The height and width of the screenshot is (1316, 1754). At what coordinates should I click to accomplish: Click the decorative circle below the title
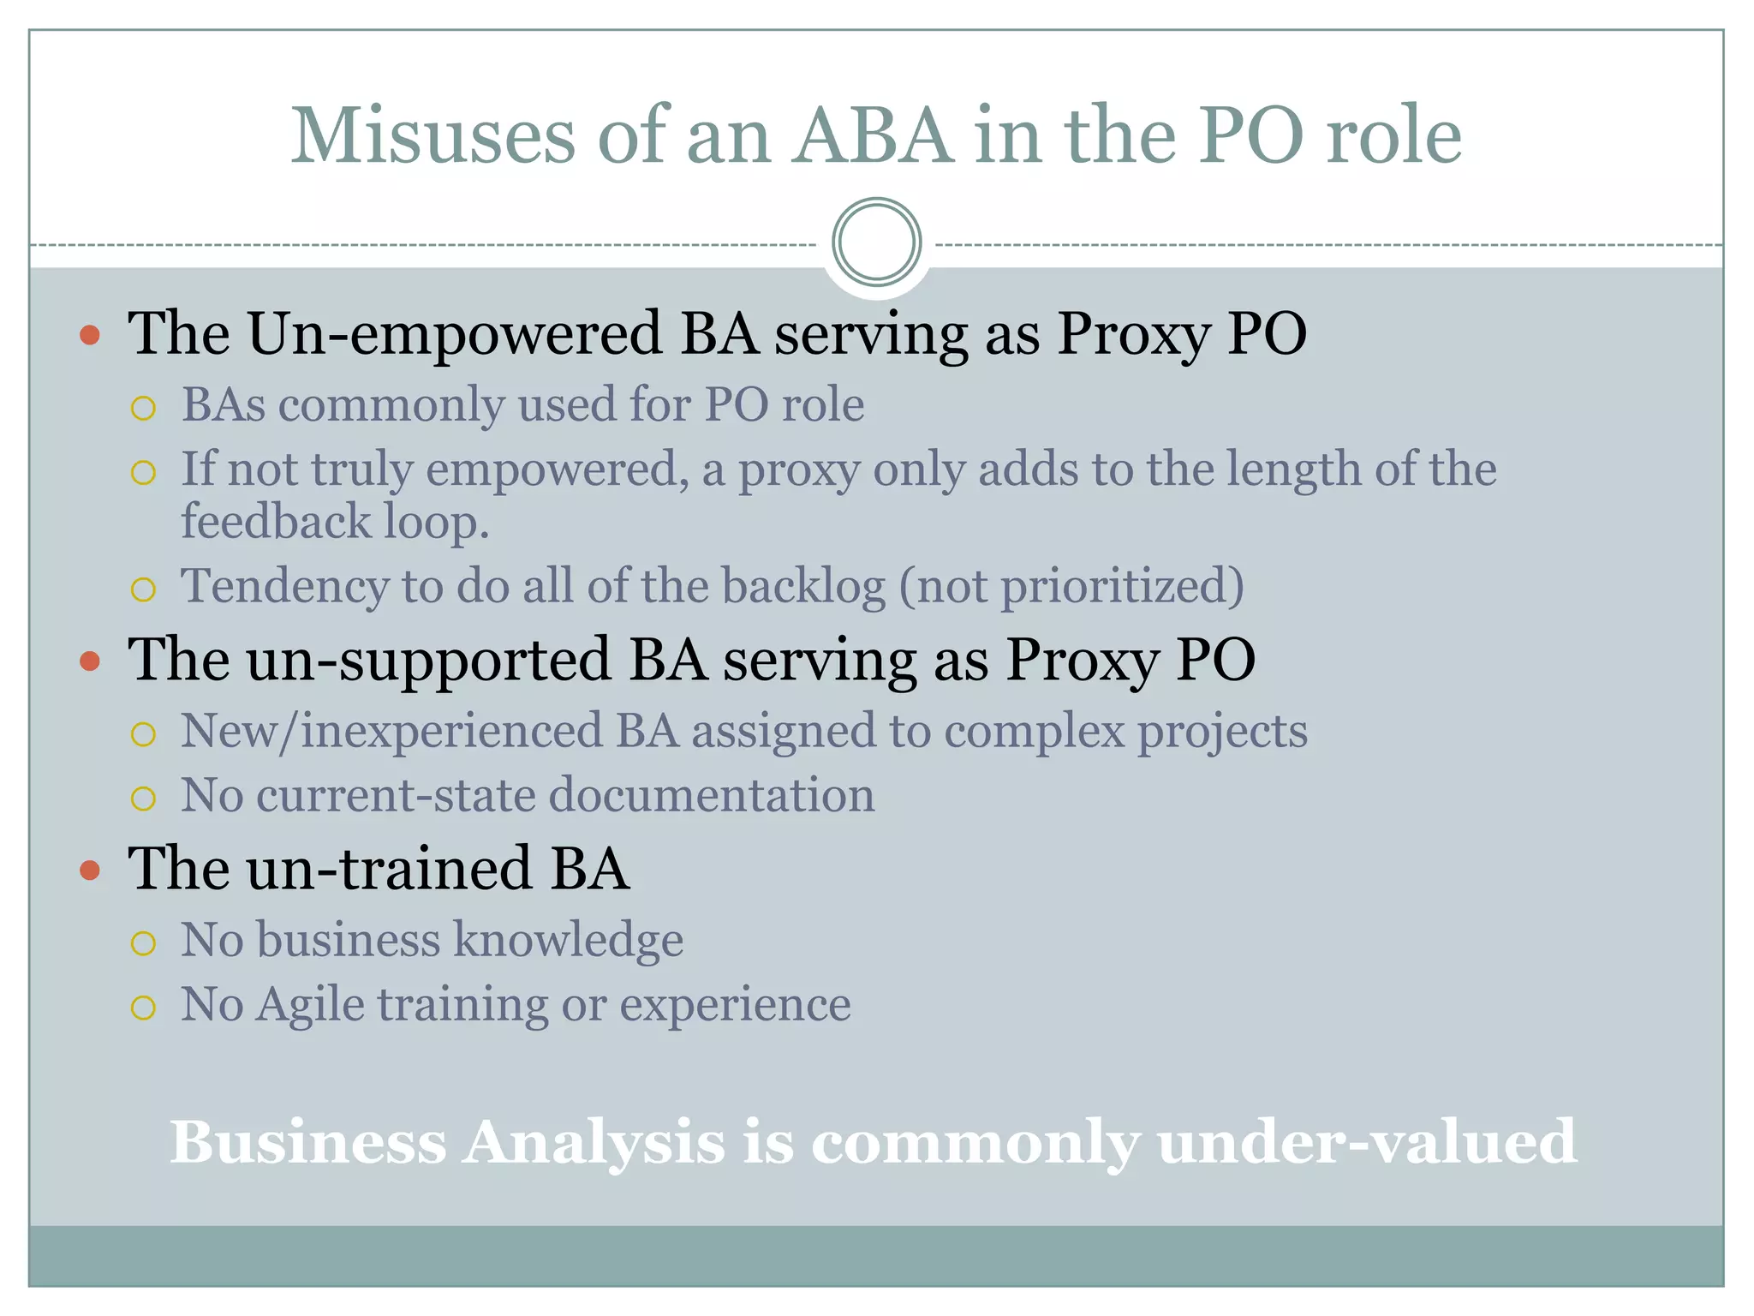click(x=876, y=242)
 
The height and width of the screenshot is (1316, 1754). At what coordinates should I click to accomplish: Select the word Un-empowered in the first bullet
click(x=454, y=333)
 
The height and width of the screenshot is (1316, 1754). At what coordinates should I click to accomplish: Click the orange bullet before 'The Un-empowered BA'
click(x=90, y=334)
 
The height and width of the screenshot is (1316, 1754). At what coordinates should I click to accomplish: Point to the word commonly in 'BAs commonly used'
click(x=391, y=405)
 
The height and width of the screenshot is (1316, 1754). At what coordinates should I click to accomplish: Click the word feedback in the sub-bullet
click(x=275, y=522)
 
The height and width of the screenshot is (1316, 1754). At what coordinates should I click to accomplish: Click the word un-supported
click(x=428, y=661)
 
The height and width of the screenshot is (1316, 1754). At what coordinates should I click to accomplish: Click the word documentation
click(x=711, y=795)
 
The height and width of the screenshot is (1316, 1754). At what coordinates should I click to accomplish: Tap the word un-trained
click(x=389, y=869)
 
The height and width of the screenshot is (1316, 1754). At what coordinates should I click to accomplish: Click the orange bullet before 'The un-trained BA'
click(x=90, y=870)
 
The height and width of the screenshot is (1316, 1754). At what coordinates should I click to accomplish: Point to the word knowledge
click(x=569, y=941)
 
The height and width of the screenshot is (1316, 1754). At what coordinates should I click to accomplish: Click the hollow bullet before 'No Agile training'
click(x=144, y=1007)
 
